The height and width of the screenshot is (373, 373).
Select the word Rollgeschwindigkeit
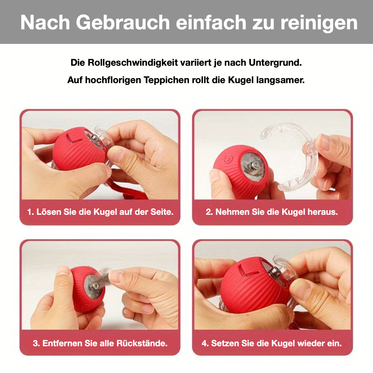(x=133, y=63)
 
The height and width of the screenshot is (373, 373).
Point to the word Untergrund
(x=275, y=63)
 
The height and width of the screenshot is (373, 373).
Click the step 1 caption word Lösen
(x=49, y=212)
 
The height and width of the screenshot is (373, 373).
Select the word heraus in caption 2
(x=323, y=212)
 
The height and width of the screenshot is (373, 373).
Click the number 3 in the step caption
(x=36, y=343)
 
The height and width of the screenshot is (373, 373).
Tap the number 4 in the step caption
(x=205, y=343)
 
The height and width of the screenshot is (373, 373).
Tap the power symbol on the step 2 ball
(x=228, y=158)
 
